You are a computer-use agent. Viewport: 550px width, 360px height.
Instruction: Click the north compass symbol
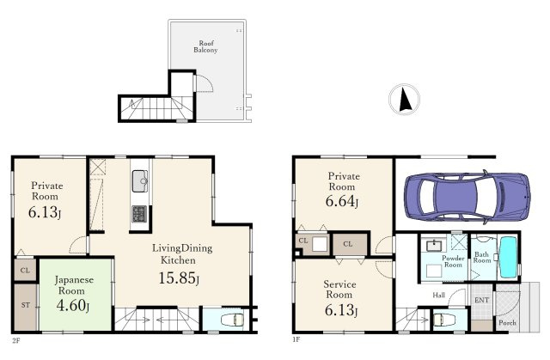coord(404,99)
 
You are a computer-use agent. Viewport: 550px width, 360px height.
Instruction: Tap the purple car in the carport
coord(467,197)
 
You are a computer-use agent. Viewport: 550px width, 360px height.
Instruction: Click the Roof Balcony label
coord(206,46)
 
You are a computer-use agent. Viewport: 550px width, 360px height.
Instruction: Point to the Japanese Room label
coord(74,285)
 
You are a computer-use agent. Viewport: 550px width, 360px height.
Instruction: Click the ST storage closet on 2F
coord(26,307)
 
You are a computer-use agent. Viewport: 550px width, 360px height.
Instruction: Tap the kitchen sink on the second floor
coord(140,181)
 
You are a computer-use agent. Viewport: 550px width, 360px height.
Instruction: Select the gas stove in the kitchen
coord(139,214)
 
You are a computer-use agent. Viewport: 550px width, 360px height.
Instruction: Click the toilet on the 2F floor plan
coord(232,320)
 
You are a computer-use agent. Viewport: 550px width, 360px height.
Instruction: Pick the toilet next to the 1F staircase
coord(444,320)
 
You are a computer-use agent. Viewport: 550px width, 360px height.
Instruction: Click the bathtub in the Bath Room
coord(508,257)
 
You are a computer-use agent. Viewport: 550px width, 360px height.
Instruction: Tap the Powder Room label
coord(453,261)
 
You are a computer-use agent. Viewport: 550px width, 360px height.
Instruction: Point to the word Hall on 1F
coord(438,296)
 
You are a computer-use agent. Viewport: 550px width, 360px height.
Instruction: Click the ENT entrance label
coord(481,301)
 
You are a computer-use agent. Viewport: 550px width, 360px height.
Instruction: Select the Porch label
coord(507,322)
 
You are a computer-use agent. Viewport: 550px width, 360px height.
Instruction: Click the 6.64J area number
coord(342,201)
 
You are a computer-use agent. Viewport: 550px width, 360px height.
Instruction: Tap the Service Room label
coord(339,290)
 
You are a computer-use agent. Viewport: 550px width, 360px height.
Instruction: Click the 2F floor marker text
coord(15,340)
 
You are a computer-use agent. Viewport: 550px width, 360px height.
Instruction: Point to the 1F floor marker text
coord(296,339)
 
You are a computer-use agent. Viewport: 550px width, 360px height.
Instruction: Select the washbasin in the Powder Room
coord(434,245)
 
